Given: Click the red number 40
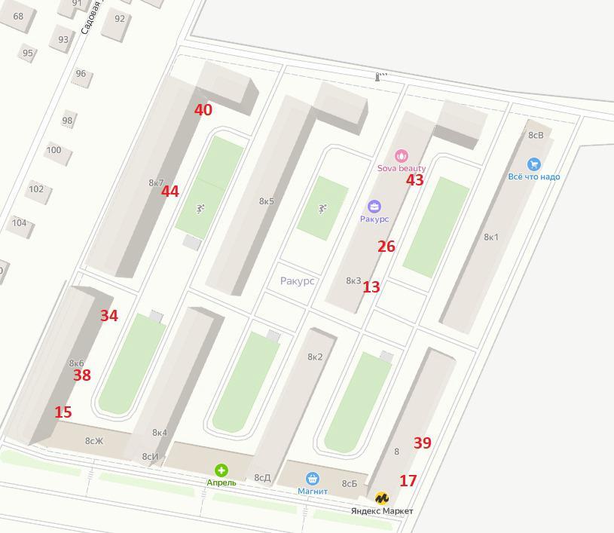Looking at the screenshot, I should pyautogui.click(x=203, y=110).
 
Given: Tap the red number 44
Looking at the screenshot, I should pyautogui.click(x=170, y=191).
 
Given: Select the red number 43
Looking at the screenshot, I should pyautogui.click(x=415, y=180).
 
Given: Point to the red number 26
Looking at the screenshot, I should pyautogui.click(x=386, y=247).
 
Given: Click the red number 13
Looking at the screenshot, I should pyautogui.click(x=371, y=287).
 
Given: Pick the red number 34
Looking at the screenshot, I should pyautogui.click(x=109, y=316).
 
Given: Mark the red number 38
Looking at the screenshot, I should pyautogui.click(x=82, y=375).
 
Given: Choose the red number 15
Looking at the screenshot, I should pyautogui.click(x=63, y=412).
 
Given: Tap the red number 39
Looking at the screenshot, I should pyautogui.click(x=423, y=443).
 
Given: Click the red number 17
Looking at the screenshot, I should pyautogui.click(x=408, y=480).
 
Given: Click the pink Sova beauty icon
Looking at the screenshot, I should pyautogui.click(x=402, y=156).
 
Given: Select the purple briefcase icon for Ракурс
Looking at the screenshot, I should pyautogui.click(x=374, y=207).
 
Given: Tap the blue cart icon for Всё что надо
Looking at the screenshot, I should pyautogui.click(x=534, y=164).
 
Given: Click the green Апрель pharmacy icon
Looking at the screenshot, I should pyautogui.click(x=221, y=470).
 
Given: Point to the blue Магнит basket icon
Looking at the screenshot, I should pyautogui.click(x=312, y=479).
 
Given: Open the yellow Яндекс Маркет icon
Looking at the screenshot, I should pyautogui.click(x=382, y=498).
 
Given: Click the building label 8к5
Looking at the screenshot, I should pyautogui.click(x=267, y=201).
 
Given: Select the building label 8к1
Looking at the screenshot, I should pyautogui.click(x=491, y=237).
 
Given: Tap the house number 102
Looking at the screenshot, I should pyautogui.click(x=36, y=188).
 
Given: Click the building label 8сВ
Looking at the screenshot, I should pyautogui.click(x=536, y=136).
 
